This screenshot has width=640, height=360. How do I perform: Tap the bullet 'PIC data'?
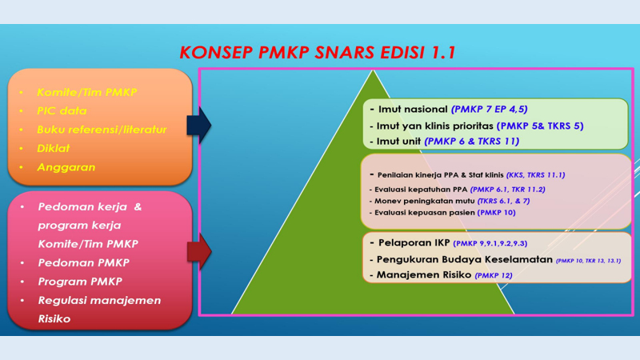point(62,110)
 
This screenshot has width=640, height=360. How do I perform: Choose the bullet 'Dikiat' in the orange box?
point(53,148)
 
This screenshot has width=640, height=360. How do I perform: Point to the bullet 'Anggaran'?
point(66,167)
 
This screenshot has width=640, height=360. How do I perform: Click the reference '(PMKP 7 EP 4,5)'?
point(489,108)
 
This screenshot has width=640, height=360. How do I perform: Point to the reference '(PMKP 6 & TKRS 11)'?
point(472,141)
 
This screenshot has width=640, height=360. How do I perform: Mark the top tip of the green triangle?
point(373,71)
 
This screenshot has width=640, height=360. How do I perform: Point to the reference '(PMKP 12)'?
point(493,275)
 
